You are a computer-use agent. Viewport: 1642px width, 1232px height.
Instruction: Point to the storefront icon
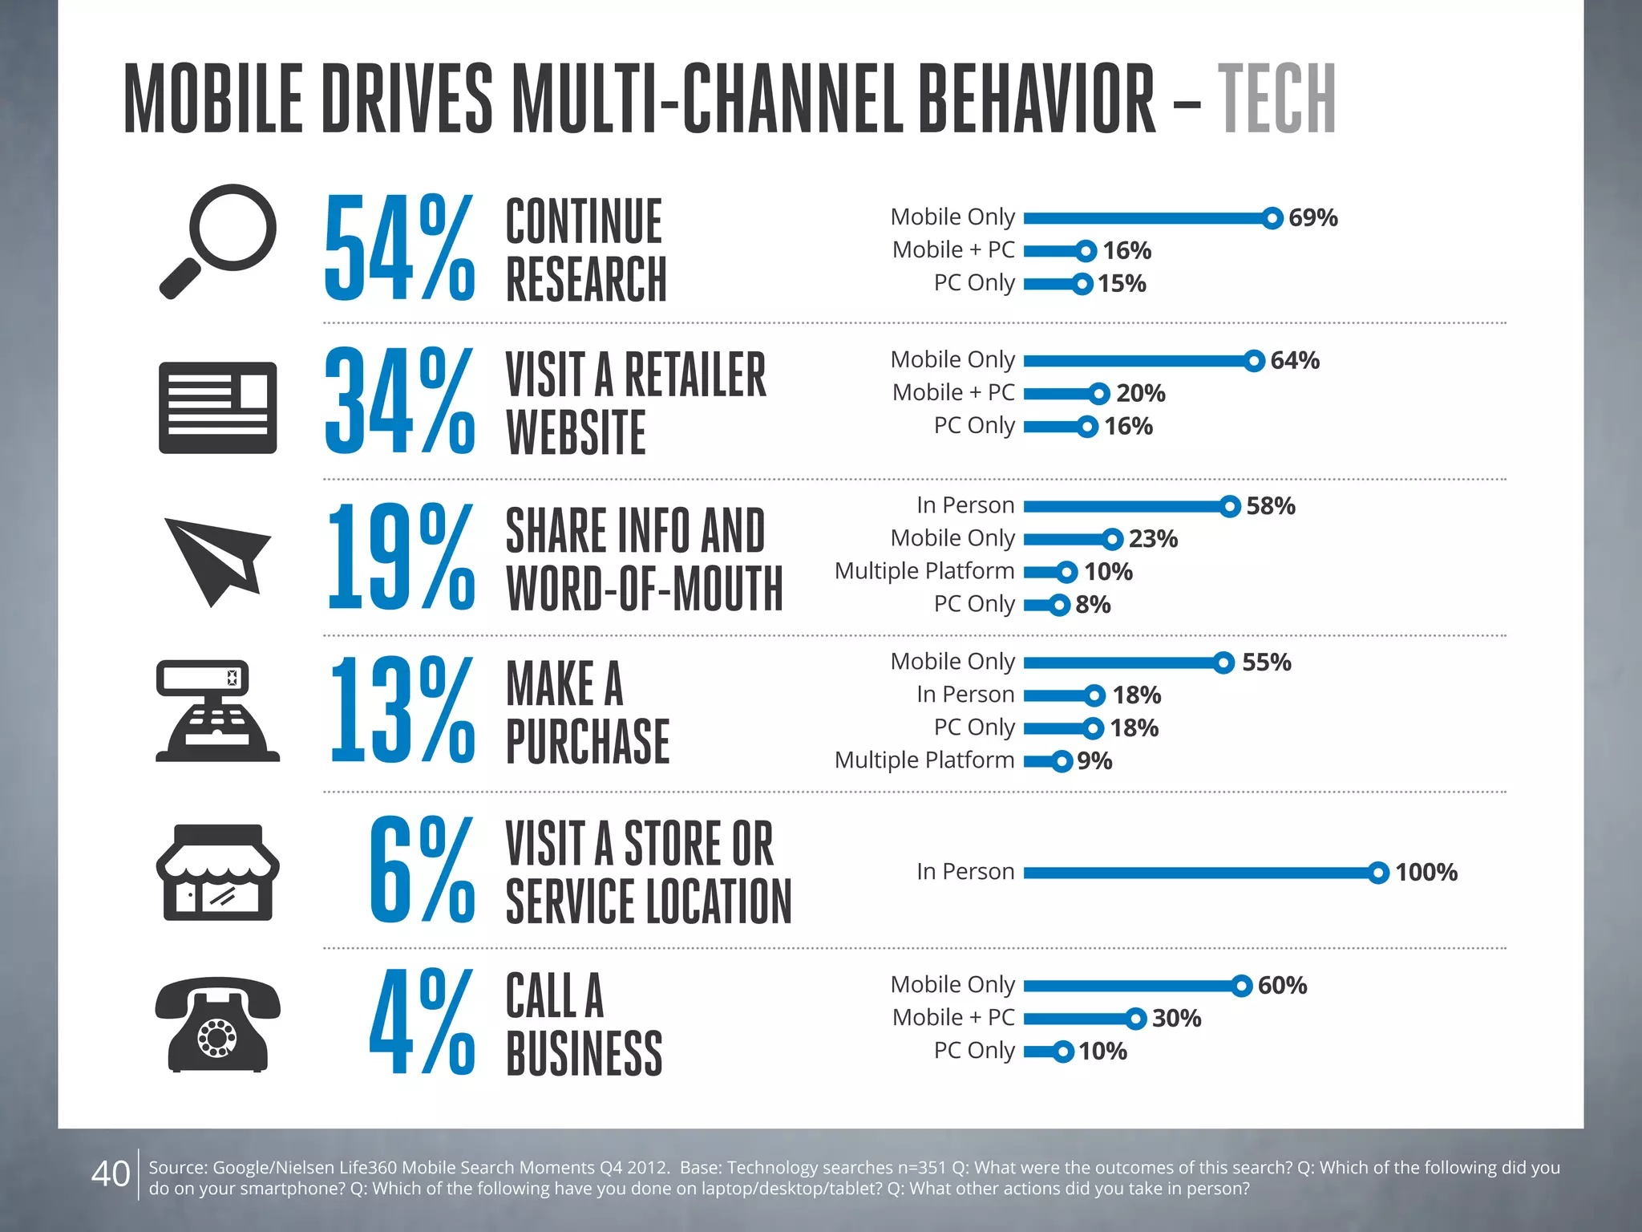point(217,872)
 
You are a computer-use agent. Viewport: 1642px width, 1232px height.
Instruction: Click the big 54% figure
point(399,249)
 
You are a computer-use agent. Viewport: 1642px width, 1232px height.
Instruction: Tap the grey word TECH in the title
point(1276,99)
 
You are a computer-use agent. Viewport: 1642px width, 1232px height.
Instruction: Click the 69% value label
point(1312,217)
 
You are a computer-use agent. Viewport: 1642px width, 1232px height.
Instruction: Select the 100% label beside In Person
point(1426,872)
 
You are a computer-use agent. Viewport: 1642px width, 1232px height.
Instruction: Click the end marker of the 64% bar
point(1254,361)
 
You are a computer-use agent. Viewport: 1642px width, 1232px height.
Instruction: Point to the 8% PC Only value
point(1093,604)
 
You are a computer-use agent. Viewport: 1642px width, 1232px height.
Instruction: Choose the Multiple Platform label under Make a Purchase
point(924,760)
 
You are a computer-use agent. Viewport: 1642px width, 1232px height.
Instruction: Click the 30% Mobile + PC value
point(1176,1018)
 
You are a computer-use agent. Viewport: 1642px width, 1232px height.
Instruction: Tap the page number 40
point(111,1173)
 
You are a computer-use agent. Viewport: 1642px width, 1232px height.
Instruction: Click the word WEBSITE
point(576,432)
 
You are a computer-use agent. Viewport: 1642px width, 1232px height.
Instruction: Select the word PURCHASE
point(588,741)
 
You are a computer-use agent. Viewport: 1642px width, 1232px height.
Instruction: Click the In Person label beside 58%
point(965,505)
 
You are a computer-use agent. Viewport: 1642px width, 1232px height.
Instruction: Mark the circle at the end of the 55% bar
point(1223,663)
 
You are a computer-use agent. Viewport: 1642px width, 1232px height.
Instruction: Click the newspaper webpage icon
point(217,407)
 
